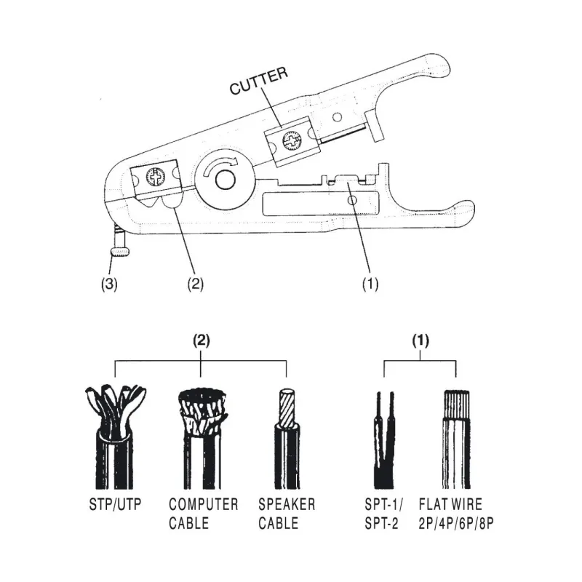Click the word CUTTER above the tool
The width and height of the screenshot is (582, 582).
point(259,81)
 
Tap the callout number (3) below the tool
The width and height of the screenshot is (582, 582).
point(109,284)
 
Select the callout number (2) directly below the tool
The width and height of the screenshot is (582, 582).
point(195,284)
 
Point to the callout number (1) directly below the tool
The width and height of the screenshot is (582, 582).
point(370,284)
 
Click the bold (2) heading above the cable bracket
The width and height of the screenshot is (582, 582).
point(202,340)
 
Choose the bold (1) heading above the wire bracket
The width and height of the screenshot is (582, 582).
point(420,340)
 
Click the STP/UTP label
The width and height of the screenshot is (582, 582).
point(115,504)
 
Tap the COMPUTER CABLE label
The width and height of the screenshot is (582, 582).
point(204,514)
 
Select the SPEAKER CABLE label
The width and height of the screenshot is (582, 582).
point(287,514)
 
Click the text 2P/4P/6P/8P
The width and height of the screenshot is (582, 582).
point(456,523)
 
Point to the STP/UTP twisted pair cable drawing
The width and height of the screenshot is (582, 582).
point(115,437)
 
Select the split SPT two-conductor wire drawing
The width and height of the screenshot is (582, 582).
point(384,440)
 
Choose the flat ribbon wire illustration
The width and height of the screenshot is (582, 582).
point(456,439)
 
